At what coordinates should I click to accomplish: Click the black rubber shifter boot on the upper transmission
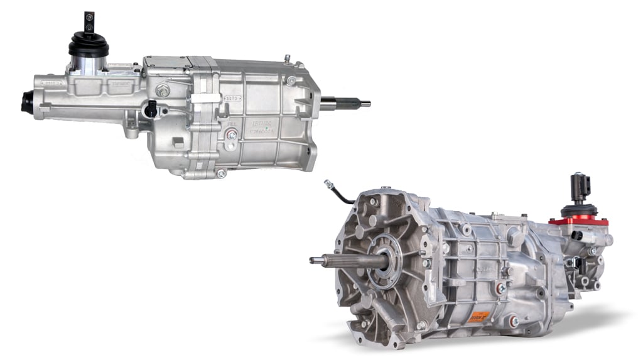click(89, 45)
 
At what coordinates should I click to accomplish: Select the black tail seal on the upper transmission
click(26, 102)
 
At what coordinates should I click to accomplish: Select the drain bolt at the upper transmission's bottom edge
click(221, 173)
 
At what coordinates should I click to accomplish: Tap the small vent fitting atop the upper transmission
click(287, 58)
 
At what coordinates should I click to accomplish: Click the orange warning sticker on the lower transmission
click(480, 317)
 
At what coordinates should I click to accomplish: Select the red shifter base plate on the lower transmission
click(578, 221)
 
